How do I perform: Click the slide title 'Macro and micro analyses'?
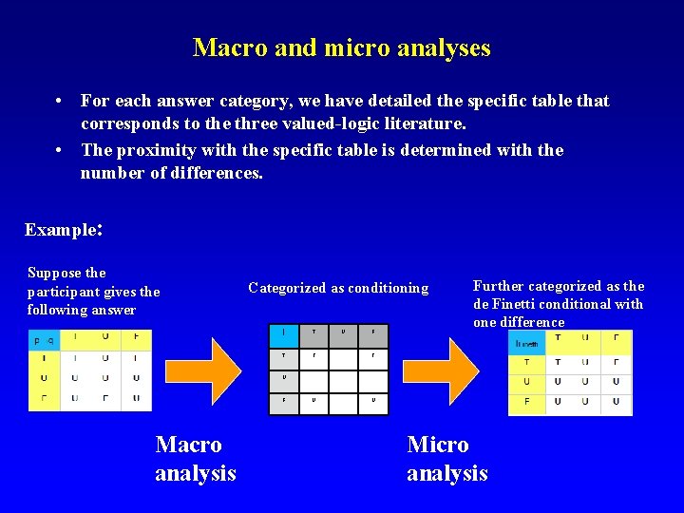coord(341,47)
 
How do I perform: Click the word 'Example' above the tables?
coord(61,230)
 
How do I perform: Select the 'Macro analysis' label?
coord(195,458)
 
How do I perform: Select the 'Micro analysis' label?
coord(446,458)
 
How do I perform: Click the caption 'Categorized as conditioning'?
coord(338,288)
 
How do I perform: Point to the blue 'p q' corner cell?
coord(44,339)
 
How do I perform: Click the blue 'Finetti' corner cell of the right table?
coord(527,341)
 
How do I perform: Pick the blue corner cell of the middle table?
coord(285,332)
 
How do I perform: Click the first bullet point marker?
coord(59,101)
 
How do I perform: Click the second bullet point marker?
coord(59,150)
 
